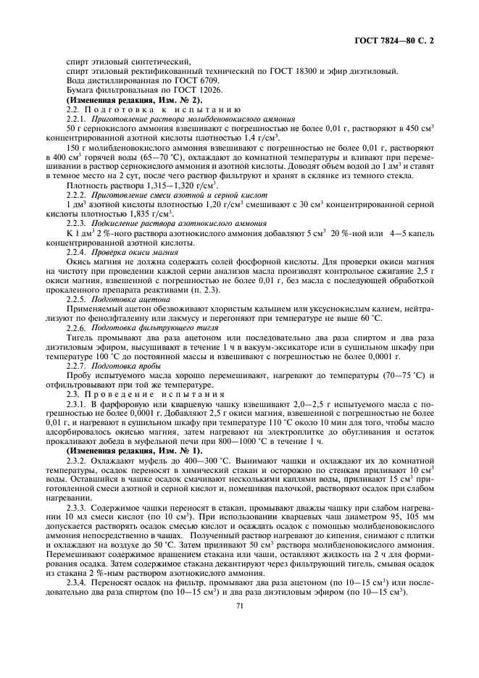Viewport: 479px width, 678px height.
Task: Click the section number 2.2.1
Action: [75, 117]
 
